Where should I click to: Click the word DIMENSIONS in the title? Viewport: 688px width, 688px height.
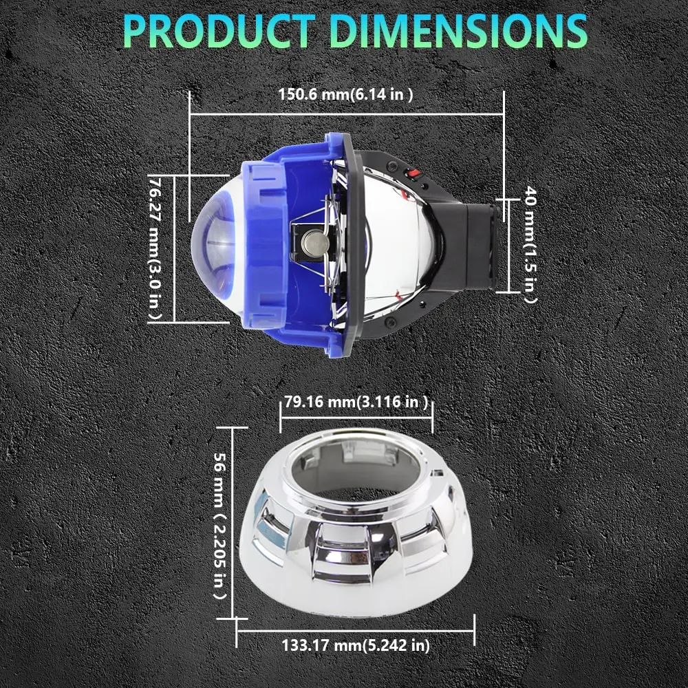[458, 31]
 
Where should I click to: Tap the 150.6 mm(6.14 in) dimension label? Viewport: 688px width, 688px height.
[346, 94]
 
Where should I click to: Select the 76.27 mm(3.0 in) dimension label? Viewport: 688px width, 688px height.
[155, 248]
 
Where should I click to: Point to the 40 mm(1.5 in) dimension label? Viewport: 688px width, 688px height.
[530, 244]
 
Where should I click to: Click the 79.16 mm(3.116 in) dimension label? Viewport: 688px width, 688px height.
[356, 402]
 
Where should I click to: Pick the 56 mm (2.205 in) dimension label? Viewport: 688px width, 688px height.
[220, 526]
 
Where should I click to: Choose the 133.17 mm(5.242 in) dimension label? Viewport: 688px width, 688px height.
[356, 645]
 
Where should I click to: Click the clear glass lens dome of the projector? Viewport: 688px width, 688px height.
[214, 246]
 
